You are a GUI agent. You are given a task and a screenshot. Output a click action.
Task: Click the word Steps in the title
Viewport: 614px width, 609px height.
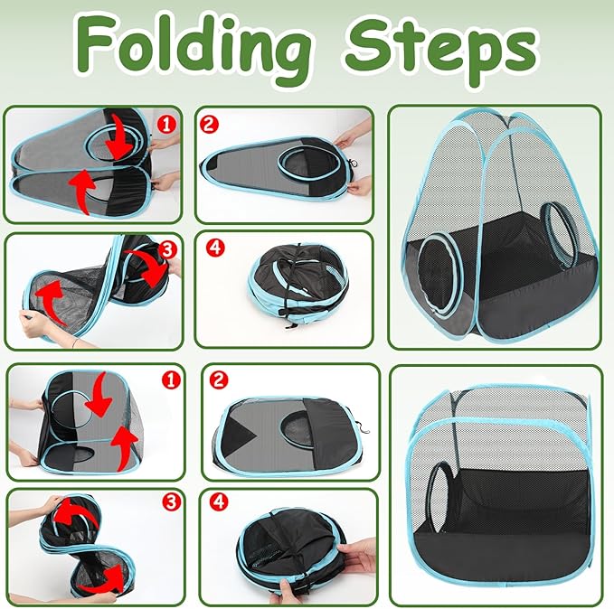point(442,45)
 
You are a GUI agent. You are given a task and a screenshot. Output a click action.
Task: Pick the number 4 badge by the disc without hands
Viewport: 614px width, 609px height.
point(213,246)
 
